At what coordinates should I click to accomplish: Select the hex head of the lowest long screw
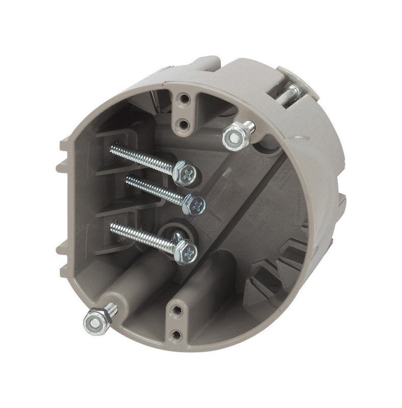click(186, 251)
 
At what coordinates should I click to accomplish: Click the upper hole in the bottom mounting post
click(177, 309)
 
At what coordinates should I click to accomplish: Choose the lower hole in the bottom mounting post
click(177, 334)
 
